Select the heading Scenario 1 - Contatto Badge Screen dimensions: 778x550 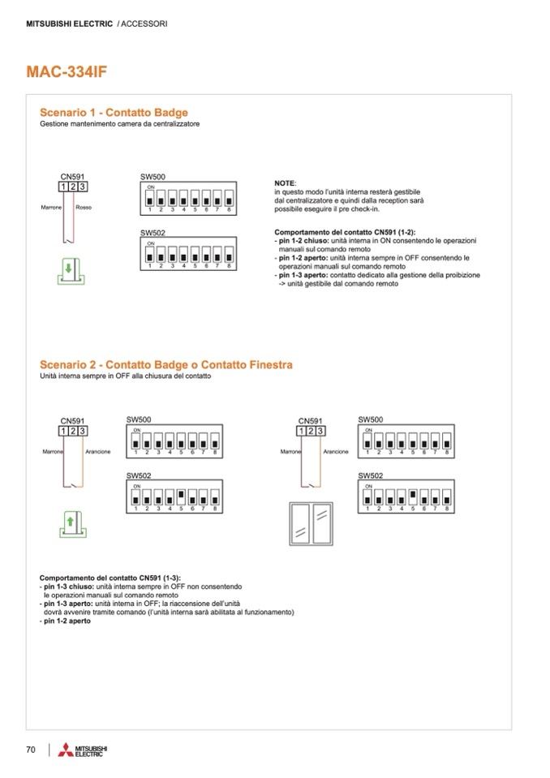click(114, 113)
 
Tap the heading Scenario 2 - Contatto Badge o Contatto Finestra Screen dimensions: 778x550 click(165, 365)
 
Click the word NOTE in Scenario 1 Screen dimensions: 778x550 click(286, 183)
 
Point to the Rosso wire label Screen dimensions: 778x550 click(83, 208)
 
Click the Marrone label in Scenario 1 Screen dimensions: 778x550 click(51, 208)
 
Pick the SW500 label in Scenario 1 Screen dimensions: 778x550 click(153, 177)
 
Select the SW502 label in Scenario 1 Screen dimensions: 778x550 click(153, 233)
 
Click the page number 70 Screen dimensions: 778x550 click(31, 749)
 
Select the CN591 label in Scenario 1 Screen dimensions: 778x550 click(72, 177)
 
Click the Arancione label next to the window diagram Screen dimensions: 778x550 click(336, 452)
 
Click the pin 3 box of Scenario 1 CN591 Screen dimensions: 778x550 click(82, 187)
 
